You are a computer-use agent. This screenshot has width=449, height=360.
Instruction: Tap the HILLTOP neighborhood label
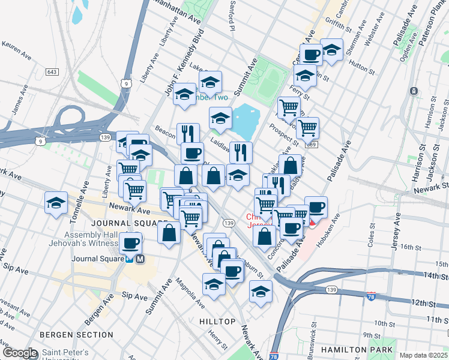(x=217, y=322)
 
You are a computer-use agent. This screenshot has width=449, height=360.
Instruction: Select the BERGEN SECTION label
(x=68, y=334)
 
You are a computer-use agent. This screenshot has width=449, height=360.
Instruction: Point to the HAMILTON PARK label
(x=357, y=350)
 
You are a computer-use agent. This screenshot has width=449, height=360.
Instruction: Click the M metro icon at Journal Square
(x=140, y=259)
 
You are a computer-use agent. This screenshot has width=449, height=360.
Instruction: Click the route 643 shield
(x=52, y=72)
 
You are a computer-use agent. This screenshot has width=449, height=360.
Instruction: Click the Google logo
(x=19, y=352)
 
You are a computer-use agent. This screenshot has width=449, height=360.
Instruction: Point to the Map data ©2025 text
(x=424, y=355)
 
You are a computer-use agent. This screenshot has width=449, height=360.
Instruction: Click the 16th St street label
(x=411, y=247)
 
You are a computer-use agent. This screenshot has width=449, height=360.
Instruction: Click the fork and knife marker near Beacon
(x=188, y=134)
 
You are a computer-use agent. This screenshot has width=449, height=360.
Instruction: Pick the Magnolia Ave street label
(x=187, y=292)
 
